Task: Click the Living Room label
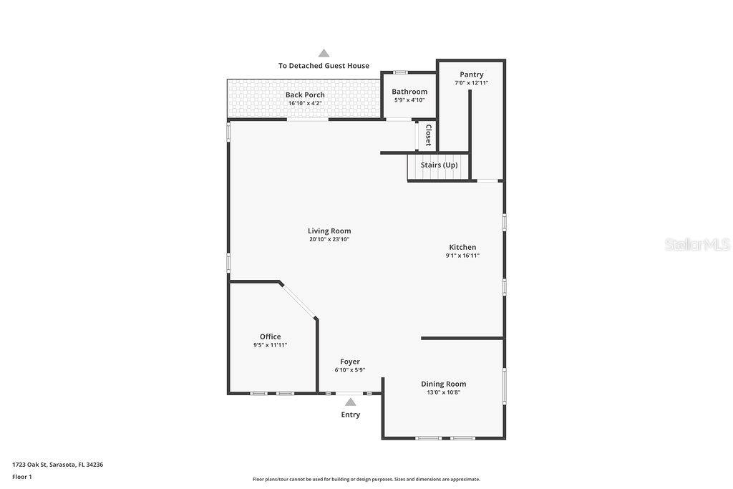[x=329, y=231]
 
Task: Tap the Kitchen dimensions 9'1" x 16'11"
[x=462, y=256]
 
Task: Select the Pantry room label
[x=471, y=74]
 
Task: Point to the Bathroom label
[x=409, y=92]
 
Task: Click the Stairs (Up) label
[x=439, y=165]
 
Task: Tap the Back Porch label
[x=305, y=95]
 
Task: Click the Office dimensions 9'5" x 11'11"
[x=270, y=345]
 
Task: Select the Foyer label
[x=350, y=362]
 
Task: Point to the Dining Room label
[x=443, y=384]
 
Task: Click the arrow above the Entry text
[x=350, y=402]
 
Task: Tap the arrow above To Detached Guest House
[x=324, y=53]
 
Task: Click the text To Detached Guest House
[x=324, y=66]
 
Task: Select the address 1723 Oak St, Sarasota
[x=57, y=465]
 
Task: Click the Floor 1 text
[x=22, y=476]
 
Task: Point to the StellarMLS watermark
[x=697, y=244]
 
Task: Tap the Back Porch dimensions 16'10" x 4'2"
[x=305, y=103]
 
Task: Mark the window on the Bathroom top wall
[x=401, y=72]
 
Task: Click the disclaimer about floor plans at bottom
[x=366, y=479]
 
